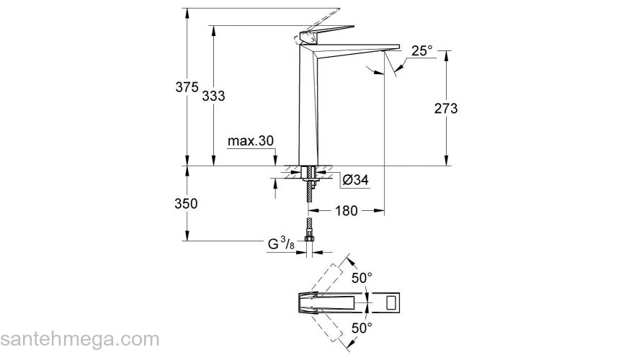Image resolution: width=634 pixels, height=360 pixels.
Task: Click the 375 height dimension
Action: [187, 87]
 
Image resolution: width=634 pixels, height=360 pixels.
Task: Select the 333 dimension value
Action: [213, 95]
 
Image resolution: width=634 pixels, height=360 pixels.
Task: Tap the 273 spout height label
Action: [446, 108]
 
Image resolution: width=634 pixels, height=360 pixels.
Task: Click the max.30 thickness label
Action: [251, 141]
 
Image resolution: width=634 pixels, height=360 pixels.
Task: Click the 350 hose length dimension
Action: [186, 204]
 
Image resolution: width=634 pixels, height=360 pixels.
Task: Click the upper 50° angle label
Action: [362, 276]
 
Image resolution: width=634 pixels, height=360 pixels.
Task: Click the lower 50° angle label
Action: [362, 328]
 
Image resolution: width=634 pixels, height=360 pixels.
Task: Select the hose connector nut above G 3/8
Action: [310, 233]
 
